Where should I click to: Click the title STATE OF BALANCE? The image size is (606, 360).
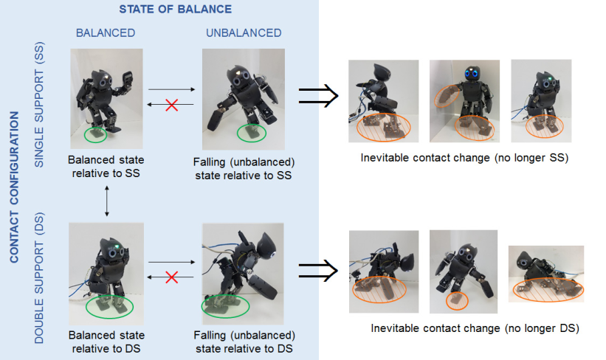(x=175, y=10)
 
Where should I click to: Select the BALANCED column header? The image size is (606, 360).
(x=106, y=33)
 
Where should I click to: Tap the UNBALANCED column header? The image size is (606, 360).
(x=244, y=33)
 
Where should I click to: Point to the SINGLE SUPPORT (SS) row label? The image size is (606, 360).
(x=39, y=104)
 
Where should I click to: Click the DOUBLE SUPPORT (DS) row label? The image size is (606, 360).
(x=39, y=277)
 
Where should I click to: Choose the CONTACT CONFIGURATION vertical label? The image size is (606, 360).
(x=14, y=187)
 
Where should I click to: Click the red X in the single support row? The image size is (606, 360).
(x=171, y=105)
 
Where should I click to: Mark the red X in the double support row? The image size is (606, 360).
(x=171, y=277)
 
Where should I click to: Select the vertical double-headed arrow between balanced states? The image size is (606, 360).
(x=107, y=201)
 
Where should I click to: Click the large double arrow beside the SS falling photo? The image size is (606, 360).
(x=318, y=95)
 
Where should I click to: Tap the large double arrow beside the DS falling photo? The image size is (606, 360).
(x=318, y=271)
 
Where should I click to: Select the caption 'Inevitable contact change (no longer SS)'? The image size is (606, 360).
(x=464, y=158)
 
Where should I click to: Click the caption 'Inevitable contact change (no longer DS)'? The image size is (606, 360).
(x=475, y=328)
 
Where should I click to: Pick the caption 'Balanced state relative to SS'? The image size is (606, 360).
(x=106, y=167)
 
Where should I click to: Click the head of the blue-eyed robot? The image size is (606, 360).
(x=472, y=72)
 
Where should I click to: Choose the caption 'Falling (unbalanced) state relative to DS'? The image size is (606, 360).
(x=244, y=342)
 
